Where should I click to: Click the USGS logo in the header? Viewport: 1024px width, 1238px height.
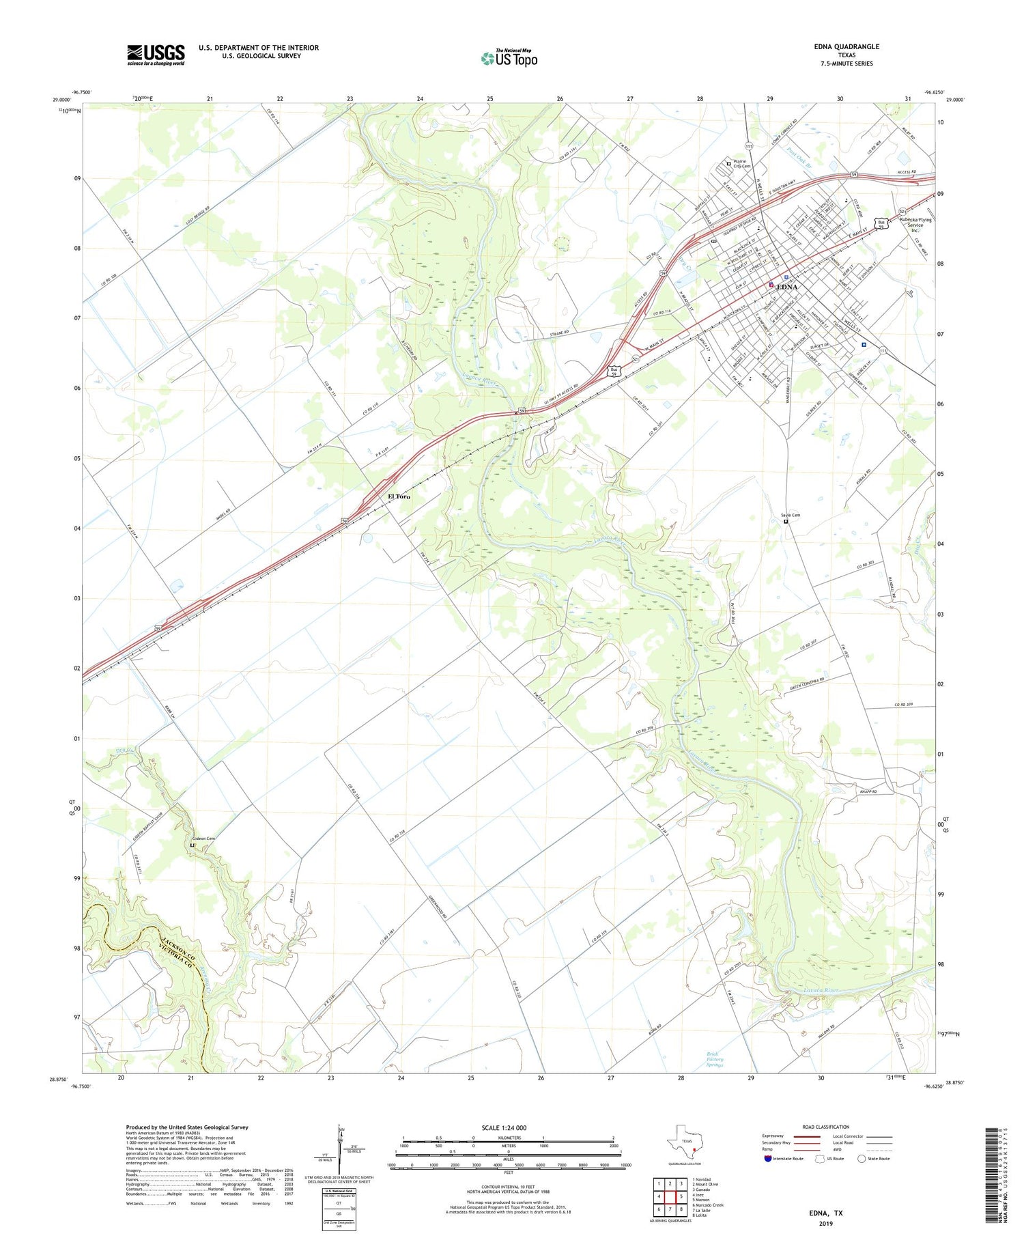click(156, 55)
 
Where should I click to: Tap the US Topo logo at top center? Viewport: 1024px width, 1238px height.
click(509, 58)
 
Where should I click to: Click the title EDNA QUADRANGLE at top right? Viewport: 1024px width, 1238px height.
click(847, 46)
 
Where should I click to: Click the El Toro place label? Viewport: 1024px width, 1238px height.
click(399, 496)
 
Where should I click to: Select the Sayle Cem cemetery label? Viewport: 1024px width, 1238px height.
click(791, 515)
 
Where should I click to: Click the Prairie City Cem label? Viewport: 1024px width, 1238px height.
click(741, 164)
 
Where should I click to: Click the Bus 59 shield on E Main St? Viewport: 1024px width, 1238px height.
click(883, 223)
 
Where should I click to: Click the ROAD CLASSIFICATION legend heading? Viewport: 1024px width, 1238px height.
click(826, 1127)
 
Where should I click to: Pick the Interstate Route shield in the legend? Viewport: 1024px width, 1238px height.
click(769, 1159)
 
